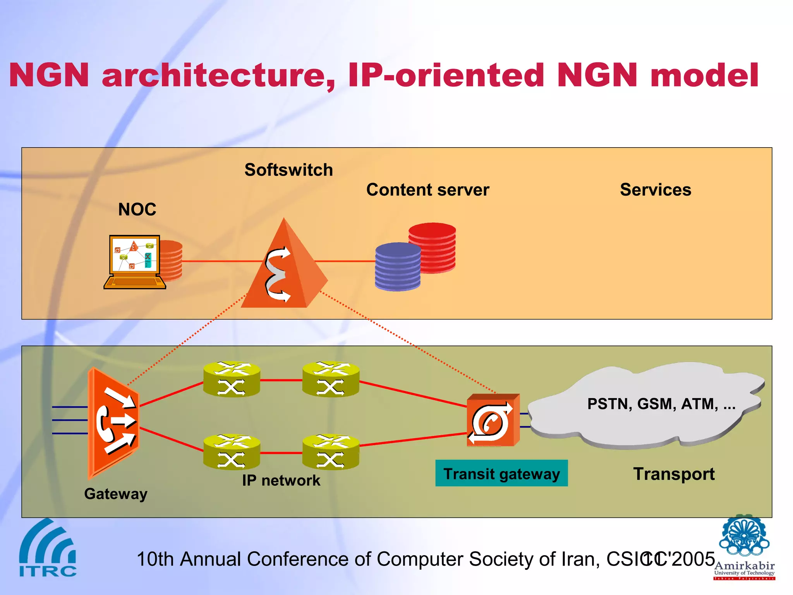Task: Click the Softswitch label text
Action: click(x=288, y=170)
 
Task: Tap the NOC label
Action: click(x=137, y=210)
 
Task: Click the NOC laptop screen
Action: click(x=134, y=255)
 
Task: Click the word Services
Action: click(x=655, y=190)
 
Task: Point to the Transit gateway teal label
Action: click(x=501, y=473)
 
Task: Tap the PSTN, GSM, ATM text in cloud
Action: click(x=661, y=404)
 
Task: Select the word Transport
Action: click(x=674, y=474)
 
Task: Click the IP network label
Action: click(x=281, y=481)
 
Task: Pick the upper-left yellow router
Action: click(x=232, y=379)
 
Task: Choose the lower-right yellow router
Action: click(x=331, y=452)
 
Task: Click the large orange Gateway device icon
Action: click(x=113, y=422)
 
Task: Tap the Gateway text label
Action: click(x=116, y=494)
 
